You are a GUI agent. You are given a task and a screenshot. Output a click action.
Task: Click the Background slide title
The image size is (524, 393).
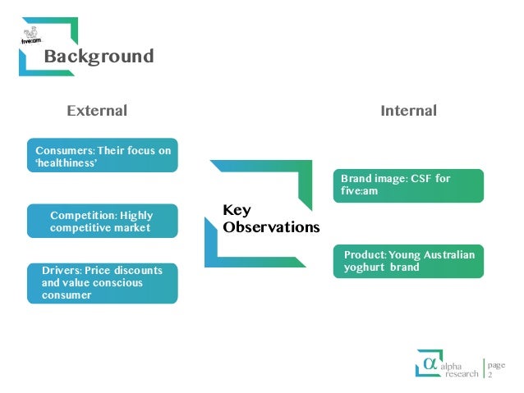coord(99,57)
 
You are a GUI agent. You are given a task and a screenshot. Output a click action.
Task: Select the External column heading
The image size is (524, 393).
coord(97,110)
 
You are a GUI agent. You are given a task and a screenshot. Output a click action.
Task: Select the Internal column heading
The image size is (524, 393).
coord(408,110)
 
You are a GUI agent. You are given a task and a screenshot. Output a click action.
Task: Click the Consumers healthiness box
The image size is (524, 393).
coord(103,156)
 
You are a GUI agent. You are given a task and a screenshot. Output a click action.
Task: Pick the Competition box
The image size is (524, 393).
coord(103,222)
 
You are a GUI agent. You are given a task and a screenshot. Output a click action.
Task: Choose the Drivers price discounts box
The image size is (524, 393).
coord(103,282)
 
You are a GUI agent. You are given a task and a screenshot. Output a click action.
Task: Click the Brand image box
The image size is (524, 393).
coord(407,185)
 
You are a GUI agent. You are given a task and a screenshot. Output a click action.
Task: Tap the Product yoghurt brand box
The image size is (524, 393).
coord(407,261)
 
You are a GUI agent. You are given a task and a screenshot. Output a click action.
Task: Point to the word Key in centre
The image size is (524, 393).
coord(237,211)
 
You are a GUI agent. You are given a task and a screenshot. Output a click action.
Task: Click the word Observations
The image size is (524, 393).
coord(271,227)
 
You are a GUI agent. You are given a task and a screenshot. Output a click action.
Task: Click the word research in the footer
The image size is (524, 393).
coord(461,374)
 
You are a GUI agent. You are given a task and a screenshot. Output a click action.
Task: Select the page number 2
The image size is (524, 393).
coord(490,374)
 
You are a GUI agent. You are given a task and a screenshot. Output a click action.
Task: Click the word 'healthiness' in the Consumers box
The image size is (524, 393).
coord(67,162)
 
